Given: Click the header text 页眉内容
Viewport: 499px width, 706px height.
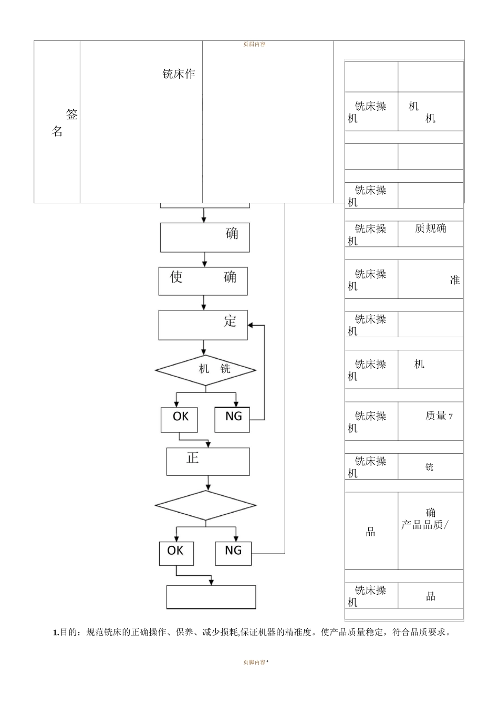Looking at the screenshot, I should click(254, 44).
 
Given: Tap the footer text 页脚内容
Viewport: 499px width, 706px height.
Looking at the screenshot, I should click(254, 662).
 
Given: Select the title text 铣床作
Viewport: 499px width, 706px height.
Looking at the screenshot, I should click(179, 74).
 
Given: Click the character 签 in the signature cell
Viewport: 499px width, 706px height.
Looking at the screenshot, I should click(71, 115).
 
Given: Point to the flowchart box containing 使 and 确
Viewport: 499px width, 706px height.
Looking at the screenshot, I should click(203, 281).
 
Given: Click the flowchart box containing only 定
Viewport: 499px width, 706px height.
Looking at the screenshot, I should click(203, 325).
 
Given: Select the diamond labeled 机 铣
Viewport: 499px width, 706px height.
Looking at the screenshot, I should click(205, 370).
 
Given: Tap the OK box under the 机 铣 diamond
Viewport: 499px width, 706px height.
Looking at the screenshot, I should click(179, 419).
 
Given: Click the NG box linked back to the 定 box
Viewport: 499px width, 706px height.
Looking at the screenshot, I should click(233, 419).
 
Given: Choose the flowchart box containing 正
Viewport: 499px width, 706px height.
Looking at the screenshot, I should click(208, 461).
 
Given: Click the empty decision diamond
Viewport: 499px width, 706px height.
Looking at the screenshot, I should click(205, 505).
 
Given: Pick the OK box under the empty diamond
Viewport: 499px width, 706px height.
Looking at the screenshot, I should click(176, 553).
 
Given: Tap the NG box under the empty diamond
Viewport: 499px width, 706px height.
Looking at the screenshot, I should click(233, 553).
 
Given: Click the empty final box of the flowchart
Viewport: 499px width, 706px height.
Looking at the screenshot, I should click(211, 597).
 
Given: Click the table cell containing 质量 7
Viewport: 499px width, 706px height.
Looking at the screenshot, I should click(430, 421).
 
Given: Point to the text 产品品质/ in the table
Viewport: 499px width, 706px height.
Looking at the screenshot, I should click(424, 525).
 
